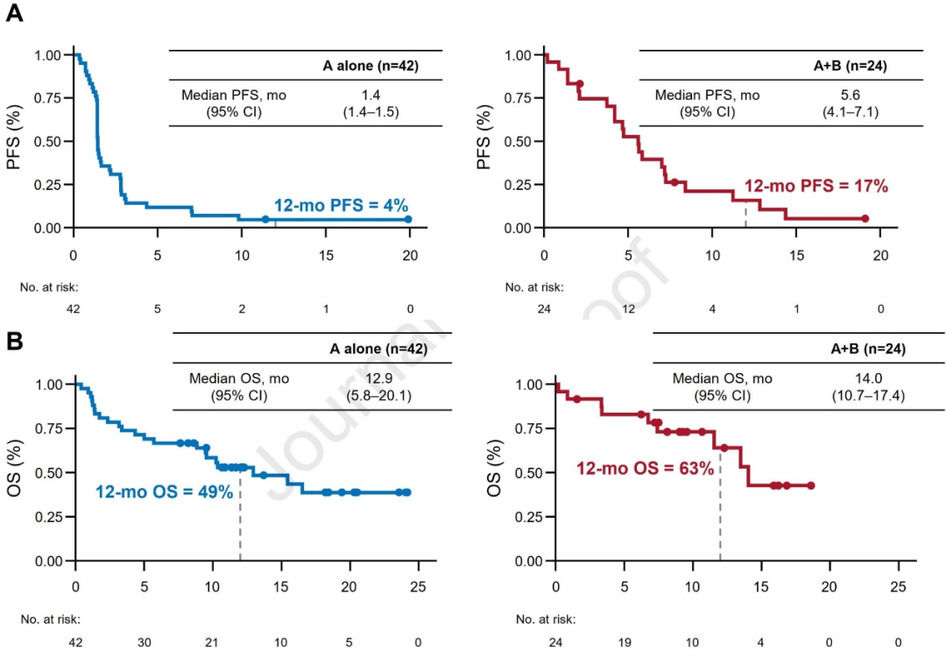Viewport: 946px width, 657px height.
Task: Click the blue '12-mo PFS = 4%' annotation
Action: tap(341, 205)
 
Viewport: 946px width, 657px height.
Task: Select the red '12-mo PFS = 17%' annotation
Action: tap(815, 186)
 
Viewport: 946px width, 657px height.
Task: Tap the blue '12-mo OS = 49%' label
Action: tap(164, 492)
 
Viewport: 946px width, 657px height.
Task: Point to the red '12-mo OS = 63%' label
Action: tap(645, 468)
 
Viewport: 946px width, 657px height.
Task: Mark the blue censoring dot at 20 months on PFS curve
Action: tap(408, 219)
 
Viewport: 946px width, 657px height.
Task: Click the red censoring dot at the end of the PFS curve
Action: tap(865, 219)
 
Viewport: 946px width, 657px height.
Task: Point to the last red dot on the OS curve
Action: tap(811, 485)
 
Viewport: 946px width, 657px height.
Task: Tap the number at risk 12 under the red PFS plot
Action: tap(629, 308)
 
